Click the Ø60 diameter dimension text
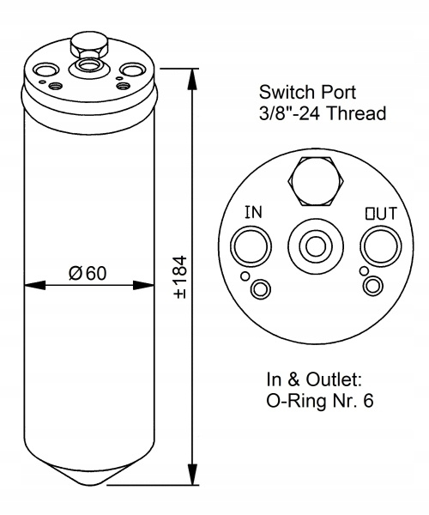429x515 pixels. point(88,273)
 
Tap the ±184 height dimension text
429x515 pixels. point(181,277)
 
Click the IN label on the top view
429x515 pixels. point(253,212)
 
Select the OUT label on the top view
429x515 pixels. point(381,214)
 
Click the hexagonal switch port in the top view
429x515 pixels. point(316,181)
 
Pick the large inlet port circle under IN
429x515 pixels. point(251,247)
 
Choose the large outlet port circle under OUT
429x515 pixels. point(381,247)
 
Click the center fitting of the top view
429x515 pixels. point(316,246)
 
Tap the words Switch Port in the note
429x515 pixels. point(307,93)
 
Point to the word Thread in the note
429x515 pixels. point(356,113)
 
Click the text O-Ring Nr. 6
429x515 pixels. point(320,401)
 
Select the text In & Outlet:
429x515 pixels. point(314,379)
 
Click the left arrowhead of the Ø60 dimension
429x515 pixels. point(35,285)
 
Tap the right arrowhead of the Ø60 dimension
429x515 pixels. point(144,285)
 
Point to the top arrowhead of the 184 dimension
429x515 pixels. point(192,79)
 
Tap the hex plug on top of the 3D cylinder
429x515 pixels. point(89,45)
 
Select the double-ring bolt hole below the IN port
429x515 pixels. point(261,289)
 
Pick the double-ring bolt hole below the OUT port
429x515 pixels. point(373,285)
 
